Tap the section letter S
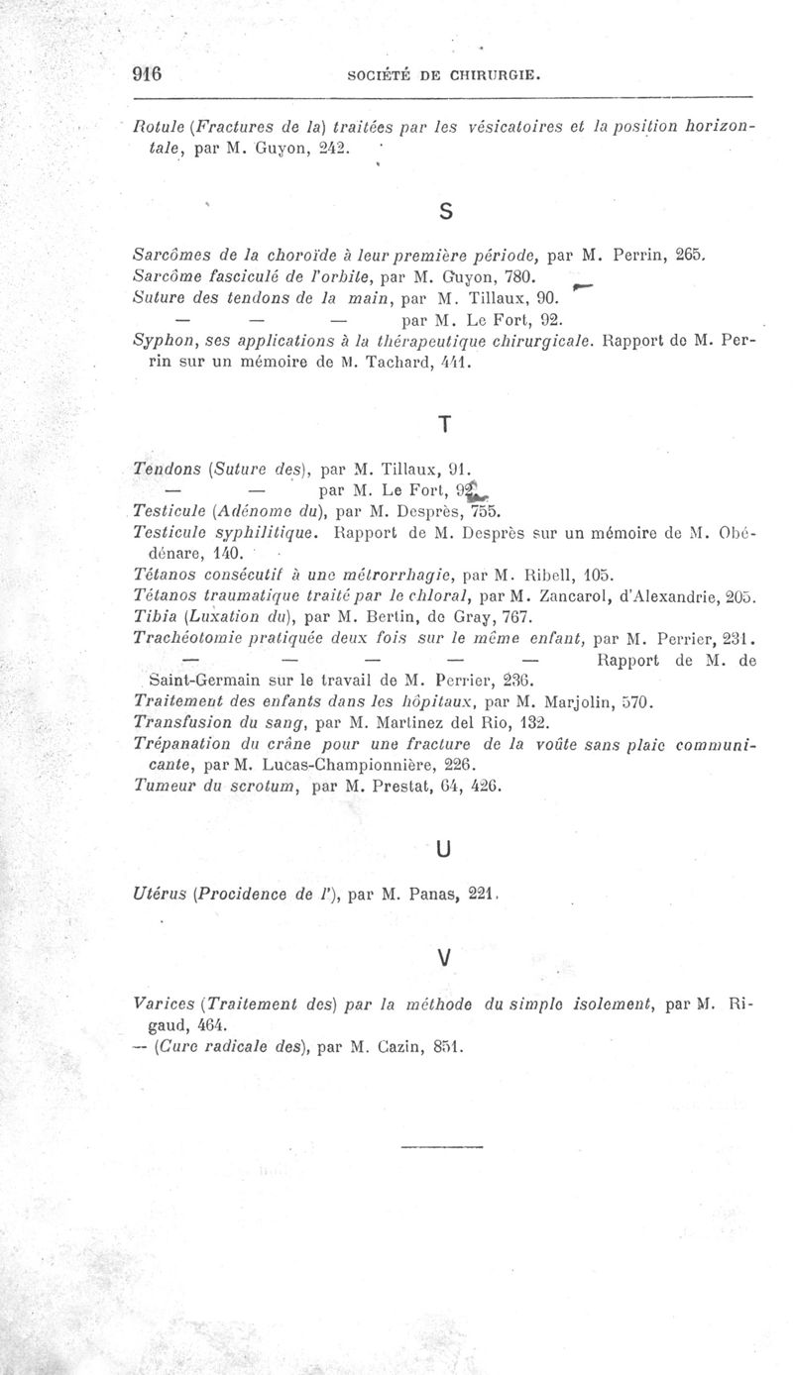point(445,211)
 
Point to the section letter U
point(444,848)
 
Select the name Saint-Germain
point(200,681)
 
